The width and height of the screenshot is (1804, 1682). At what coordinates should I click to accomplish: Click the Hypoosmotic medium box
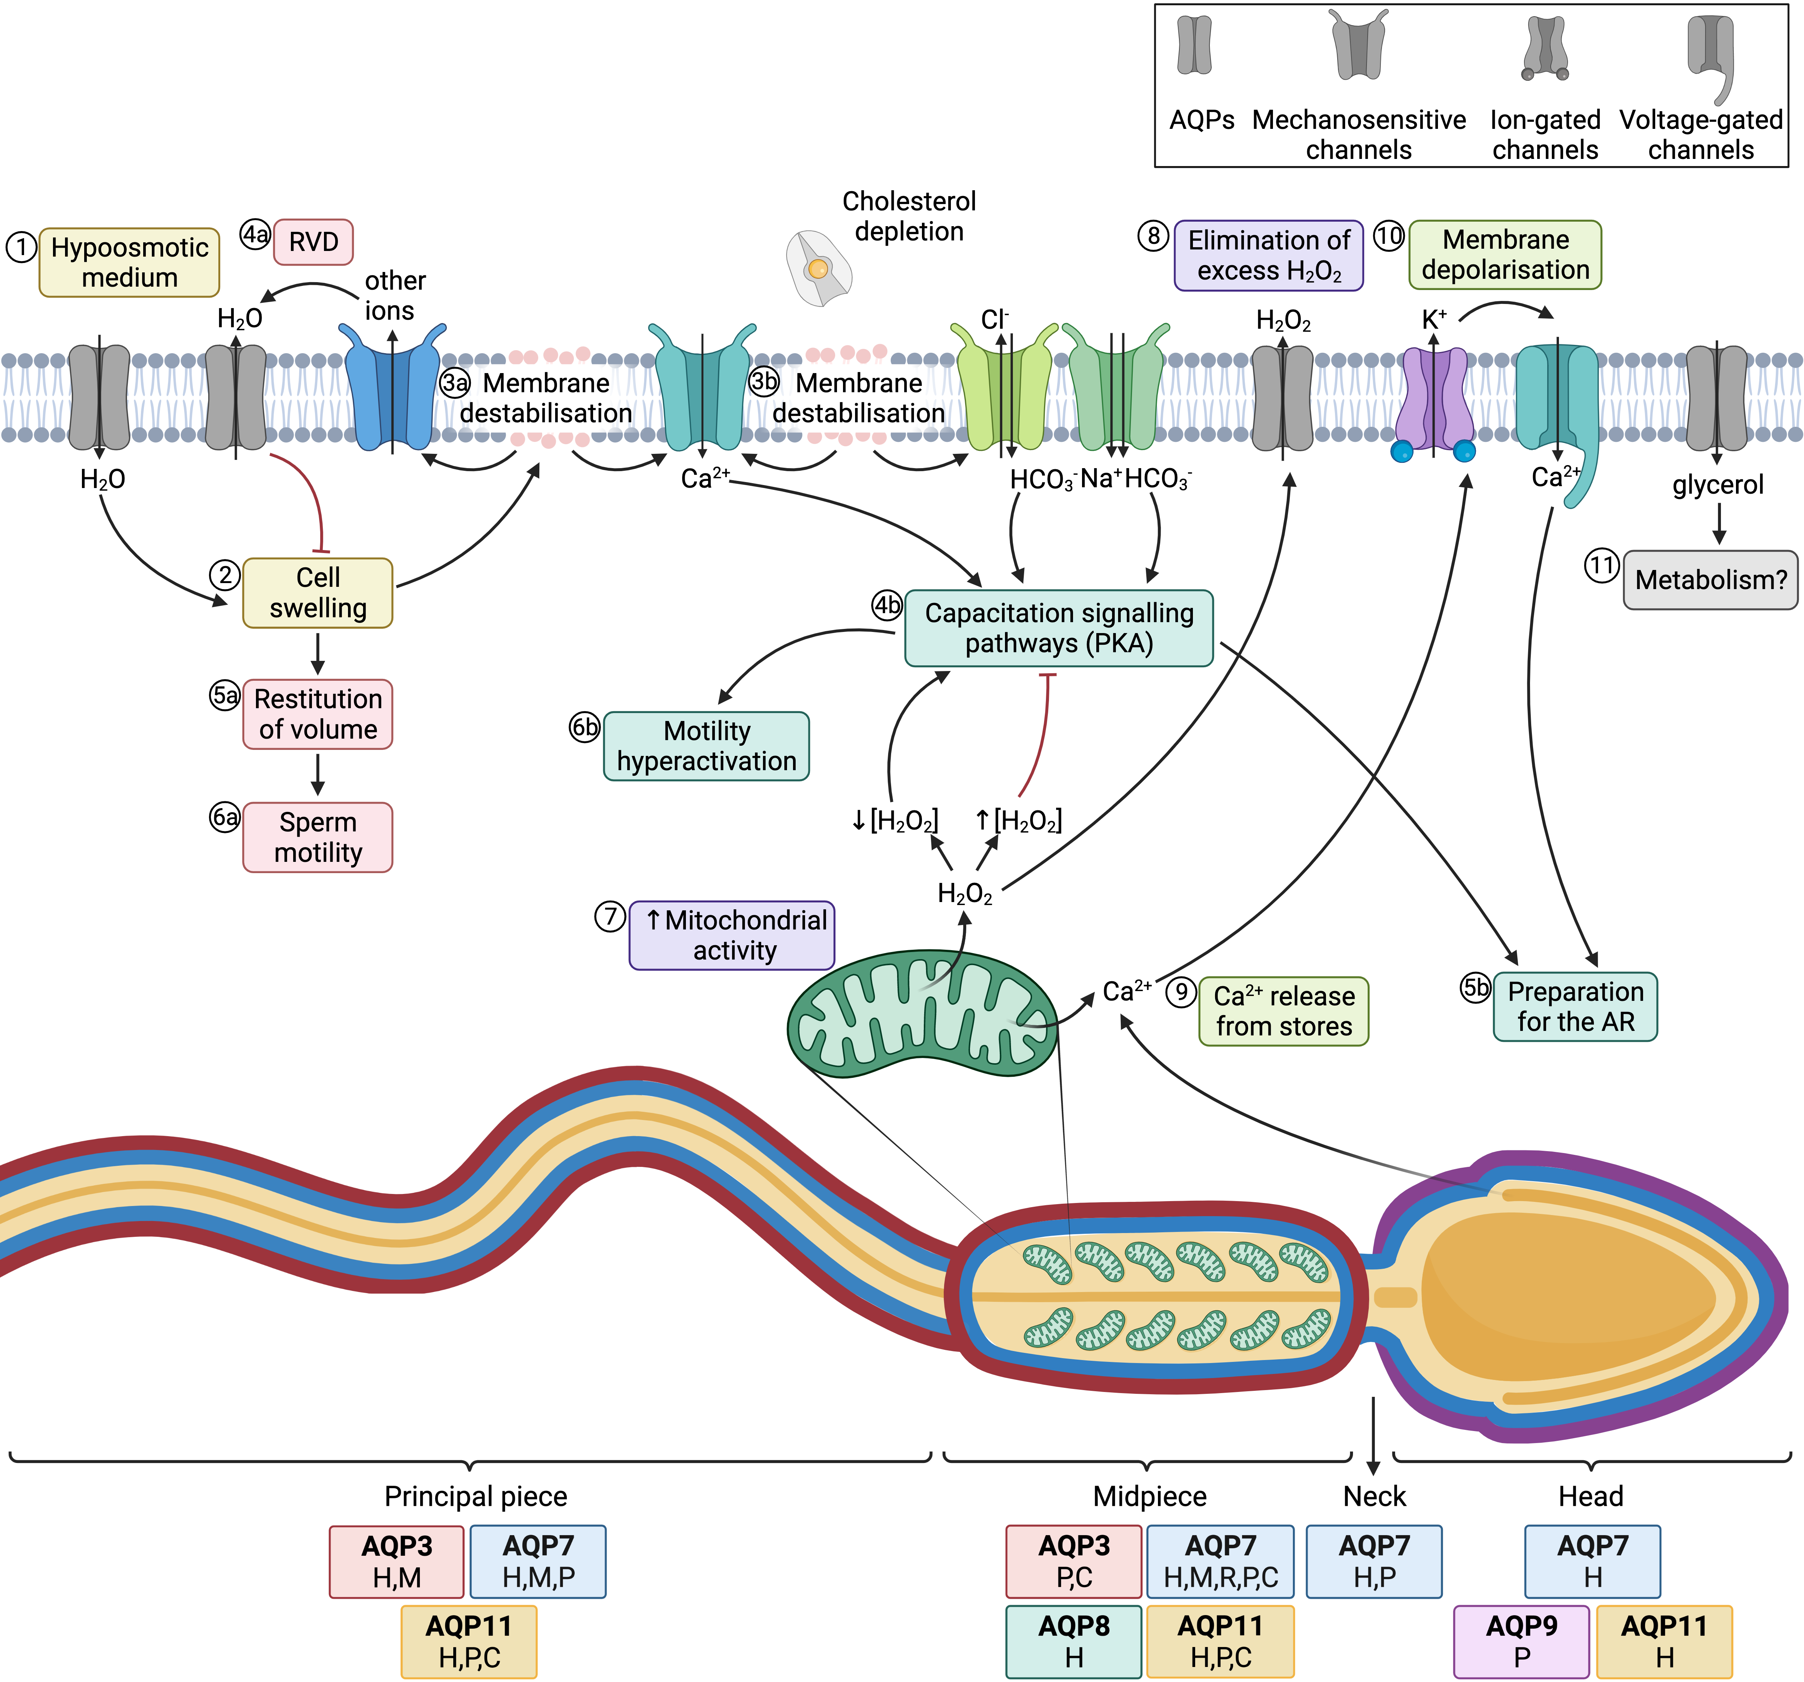129,262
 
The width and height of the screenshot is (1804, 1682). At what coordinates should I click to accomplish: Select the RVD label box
313,242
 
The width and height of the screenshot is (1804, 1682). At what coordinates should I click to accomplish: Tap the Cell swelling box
318,592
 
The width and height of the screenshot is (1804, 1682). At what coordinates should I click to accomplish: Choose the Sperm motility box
318,836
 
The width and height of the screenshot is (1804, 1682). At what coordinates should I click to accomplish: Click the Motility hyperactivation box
706,746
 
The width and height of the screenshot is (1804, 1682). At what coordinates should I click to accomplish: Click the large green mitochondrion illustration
921,1014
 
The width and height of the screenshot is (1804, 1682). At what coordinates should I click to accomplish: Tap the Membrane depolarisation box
1504,255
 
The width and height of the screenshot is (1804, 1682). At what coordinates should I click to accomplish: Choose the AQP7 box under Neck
1374,1560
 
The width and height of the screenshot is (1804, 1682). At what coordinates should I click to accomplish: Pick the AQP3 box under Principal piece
397,1560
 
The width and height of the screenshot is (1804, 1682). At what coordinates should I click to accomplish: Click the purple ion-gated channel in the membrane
1434,399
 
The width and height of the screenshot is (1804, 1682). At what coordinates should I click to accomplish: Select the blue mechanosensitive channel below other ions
392,390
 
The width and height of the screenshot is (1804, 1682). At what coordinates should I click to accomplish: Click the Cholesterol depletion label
908,216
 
